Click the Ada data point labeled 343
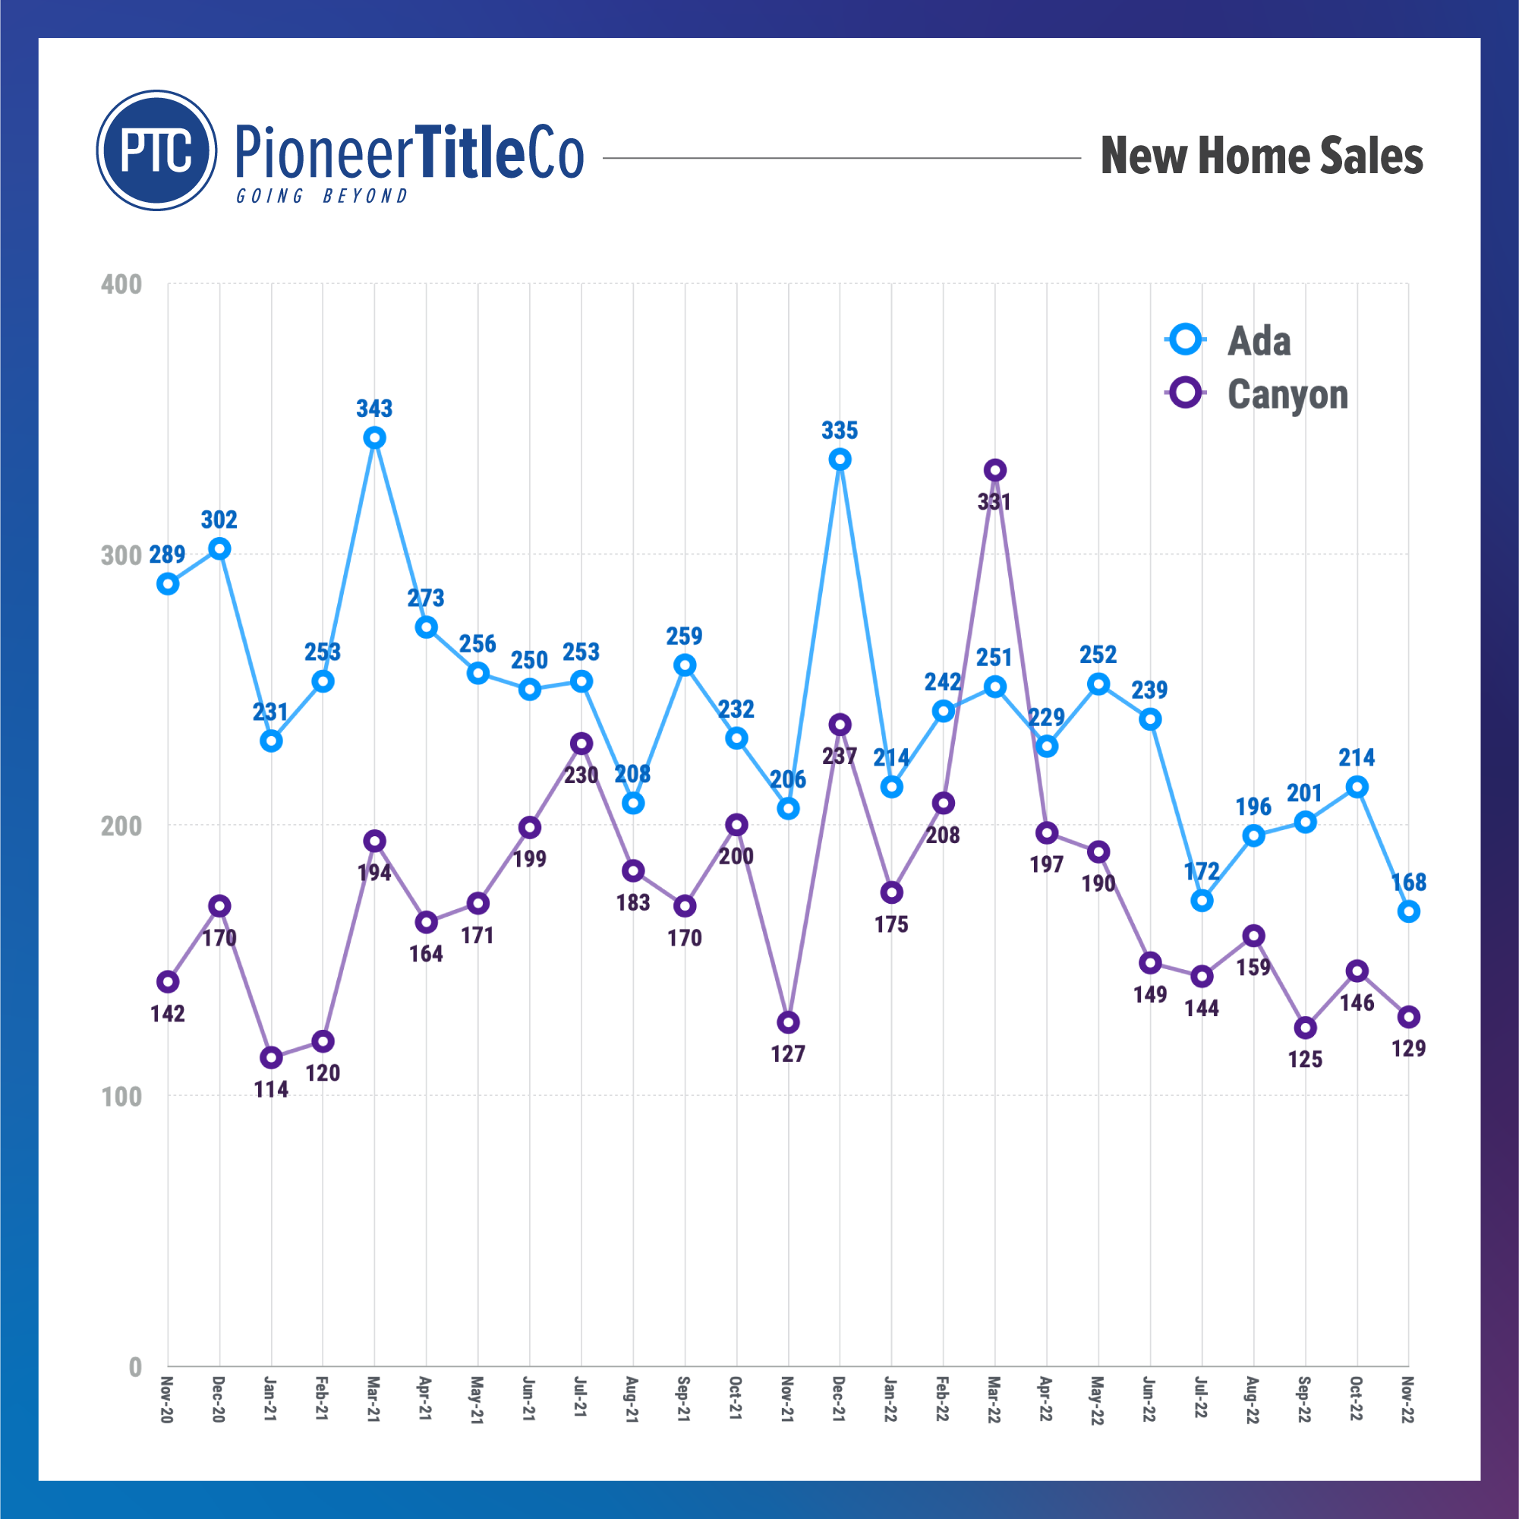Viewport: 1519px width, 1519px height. click(375, 437)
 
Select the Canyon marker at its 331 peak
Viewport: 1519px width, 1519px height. click(995, 470)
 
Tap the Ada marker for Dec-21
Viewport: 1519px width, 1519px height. click(840, 459)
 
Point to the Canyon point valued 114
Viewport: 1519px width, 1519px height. click(271, 1058)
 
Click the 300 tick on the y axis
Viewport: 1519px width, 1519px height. click(121, 555)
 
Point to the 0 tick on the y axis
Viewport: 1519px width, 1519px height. click(135, 1367)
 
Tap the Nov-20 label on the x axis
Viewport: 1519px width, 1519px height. click(166, 1400)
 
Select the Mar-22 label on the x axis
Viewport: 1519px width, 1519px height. click(994, 1400)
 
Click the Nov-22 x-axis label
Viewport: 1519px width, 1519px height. click(1407, 1400)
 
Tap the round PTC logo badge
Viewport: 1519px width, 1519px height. click(156, 150)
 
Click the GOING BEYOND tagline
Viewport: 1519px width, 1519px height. click(323, 196)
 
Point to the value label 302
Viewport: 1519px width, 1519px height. click(219, 520)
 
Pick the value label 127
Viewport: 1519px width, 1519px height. click(788, 1053)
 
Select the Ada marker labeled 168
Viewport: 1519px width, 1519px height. click(1408, 911)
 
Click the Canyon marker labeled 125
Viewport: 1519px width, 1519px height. click(1305, 1028)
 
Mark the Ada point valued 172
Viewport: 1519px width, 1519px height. click(1202, 901)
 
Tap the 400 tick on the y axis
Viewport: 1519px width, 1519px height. click(121, 284)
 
